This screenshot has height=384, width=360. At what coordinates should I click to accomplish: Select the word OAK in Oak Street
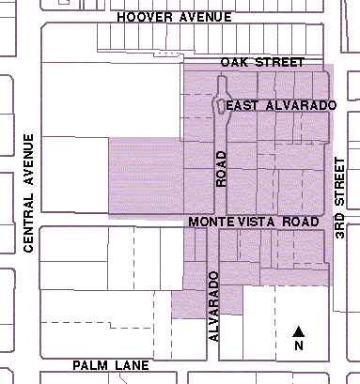233,62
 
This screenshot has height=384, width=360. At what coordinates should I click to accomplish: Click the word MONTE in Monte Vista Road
211,222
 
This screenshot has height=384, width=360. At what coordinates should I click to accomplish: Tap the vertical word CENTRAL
29,226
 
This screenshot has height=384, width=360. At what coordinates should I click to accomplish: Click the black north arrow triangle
299,330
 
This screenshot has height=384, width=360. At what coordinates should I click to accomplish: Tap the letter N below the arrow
299,346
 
